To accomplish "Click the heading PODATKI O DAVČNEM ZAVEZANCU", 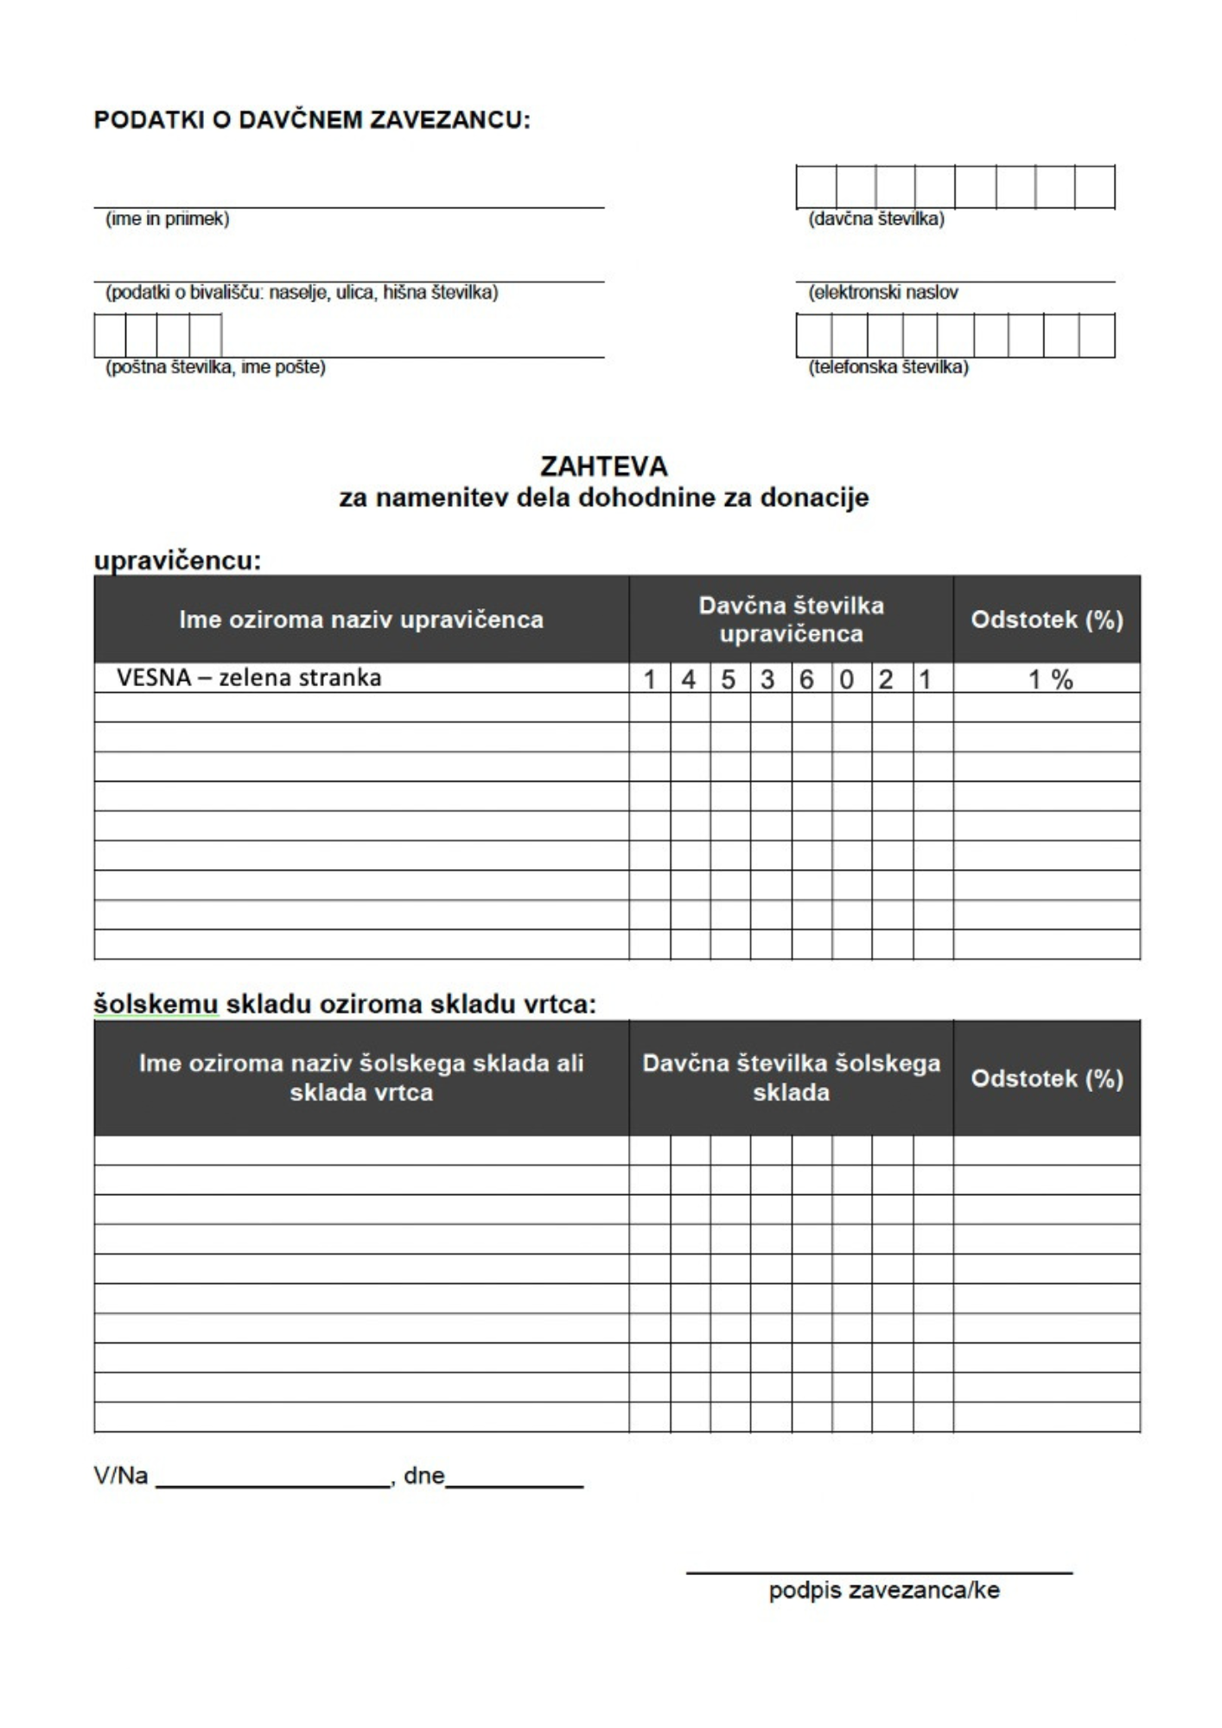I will [x=311, y=119].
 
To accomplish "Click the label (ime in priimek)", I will [x=167, y=219].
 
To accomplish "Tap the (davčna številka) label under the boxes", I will [x=875, y=219].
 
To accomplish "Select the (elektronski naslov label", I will [x=882, y=292].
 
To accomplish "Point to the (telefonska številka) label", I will [x=888, y=367].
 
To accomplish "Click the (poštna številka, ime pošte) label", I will [x=215, y=367].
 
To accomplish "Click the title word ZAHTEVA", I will [x=603, y=467].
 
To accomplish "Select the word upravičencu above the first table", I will [x=177, y=561].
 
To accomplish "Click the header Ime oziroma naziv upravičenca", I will [x=361, y=619].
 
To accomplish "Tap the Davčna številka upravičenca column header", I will [x=791, y=619].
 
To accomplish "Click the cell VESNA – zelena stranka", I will [x=249, y=677].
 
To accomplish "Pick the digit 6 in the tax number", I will [x=806, y=680].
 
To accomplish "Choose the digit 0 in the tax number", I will [x=847, y=680].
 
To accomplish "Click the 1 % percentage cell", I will [x=1049, y=680].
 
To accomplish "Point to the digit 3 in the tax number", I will [x=767, y=680].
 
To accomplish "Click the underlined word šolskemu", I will [x=156, y=1004].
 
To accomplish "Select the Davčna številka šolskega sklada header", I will [x=791, y=1077].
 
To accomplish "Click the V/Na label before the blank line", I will [x=121, y=1475].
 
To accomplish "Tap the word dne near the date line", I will [x=423, y=1475].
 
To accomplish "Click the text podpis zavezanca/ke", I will [x=883, y=1590].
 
